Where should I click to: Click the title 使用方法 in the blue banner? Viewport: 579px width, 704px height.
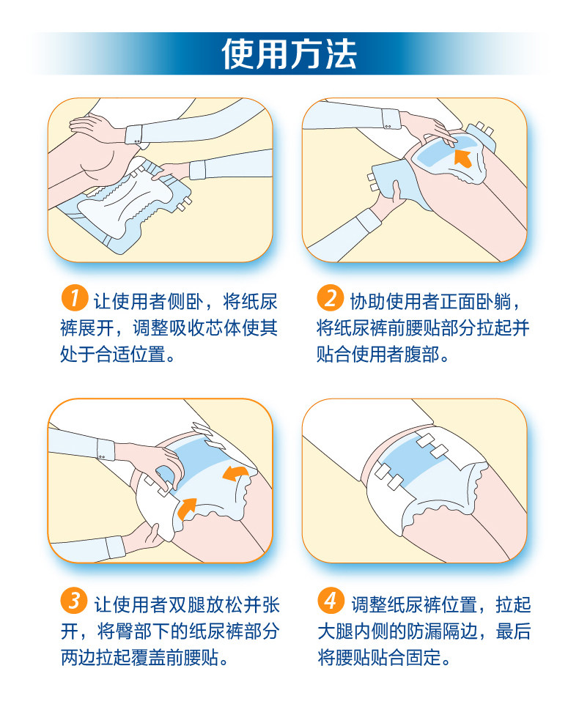[x=289, y=54]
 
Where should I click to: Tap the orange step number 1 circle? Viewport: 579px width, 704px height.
[x=74, y=297]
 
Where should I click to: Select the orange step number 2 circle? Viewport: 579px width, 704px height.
[x=330, y=297]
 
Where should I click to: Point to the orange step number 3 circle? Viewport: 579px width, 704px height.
[x=74, y=601]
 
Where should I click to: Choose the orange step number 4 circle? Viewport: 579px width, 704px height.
[x=331, y=601]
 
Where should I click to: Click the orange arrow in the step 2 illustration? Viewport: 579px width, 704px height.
[x=463, y=159]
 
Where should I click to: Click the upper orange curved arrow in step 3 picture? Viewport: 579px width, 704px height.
[x=235, y=473]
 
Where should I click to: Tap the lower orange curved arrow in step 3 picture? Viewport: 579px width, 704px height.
[x=187, y=508]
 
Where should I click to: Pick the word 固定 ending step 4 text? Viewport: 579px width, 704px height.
[x=424, y=658]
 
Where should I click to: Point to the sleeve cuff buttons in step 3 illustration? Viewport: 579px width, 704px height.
[x=102, y=457]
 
